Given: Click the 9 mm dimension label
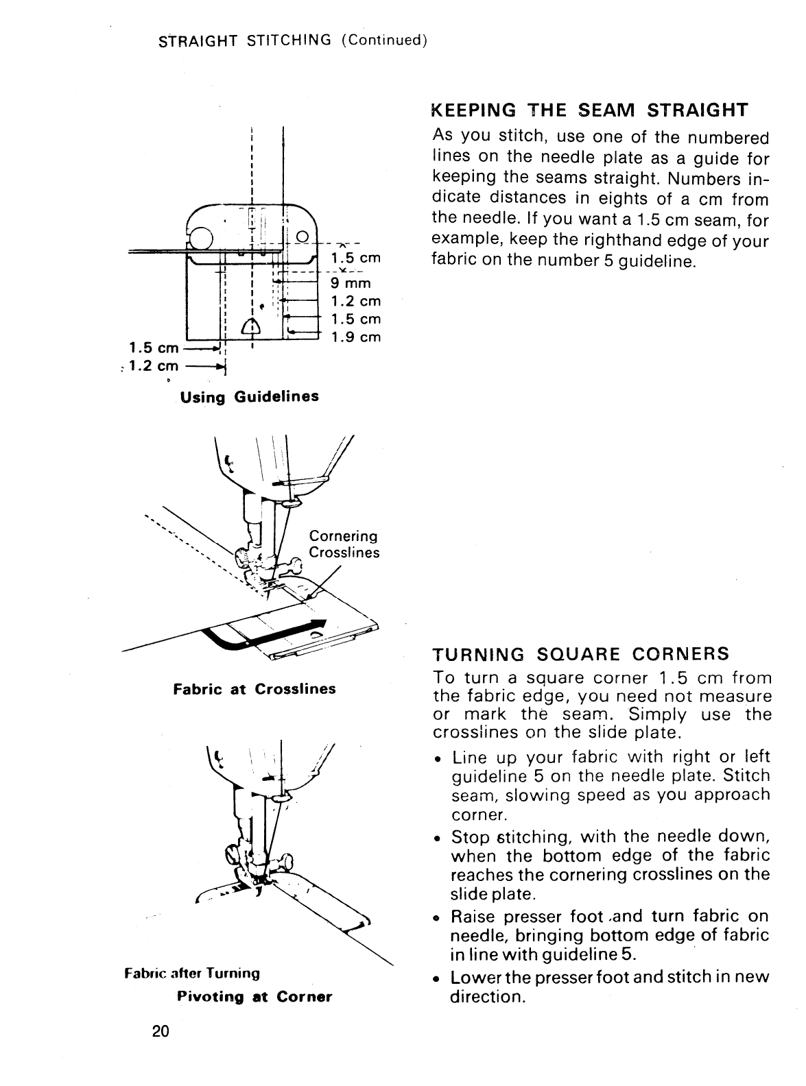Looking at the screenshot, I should (x=351, y=283).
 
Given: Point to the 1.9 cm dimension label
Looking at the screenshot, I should (x=355, y=337).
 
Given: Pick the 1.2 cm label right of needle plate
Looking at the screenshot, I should (x=355, y=301).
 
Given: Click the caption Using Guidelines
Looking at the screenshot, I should (x=250, y=396).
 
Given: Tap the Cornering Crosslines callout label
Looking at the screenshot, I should (x=344, y=544).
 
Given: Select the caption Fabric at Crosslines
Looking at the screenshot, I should (x=254, y=688).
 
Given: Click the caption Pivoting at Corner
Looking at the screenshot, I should (x=254, y=996).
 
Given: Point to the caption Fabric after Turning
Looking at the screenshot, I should (x=192, y=973).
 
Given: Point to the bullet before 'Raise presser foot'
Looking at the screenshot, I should (x=437, y=917).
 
